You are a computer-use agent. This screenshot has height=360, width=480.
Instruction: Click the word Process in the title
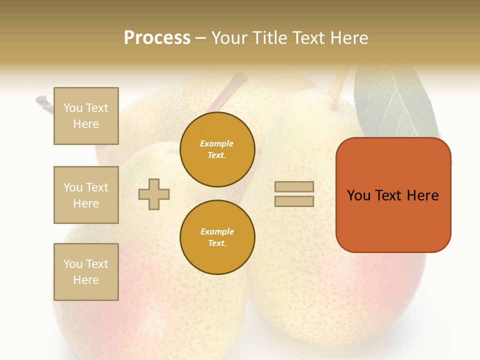click(157, 38)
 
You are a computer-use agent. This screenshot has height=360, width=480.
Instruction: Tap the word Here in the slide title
click(347, 38)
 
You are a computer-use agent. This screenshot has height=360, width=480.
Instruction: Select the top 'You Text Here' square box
click(86, 116)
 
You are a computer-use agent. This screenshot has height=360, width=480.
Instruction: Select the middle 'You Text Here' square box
click(86, 195)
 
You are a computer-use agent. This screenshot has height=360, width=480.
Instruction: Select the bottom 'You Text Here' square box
click(86, 272)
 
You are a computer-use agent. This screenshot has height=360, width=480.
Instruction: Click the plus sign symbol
click(154, 194)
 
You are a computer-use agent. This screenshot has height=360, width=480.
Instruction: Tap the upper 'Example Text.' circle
click(217, 149)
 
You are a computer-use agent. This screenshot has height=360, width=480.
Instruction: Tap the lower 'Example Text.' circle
click(217, 237)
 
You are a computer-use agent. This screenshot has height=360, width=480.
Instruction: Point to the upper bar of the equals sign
click(294, 186)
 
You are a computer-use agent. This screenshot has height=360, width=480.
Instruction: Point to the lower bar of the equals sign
click(294, 201)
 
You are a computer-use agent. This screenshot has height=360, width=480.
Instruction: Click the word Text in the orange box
click(389, 195)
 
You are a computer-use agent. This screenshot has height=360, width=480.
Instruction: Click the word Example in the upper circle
click(217, 143)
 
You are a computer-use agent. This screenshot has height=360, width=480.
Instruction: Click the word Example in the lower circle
click(217, 231)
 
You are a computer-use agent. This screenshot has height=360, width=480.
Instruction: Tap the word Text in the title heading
click(307, 38)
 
